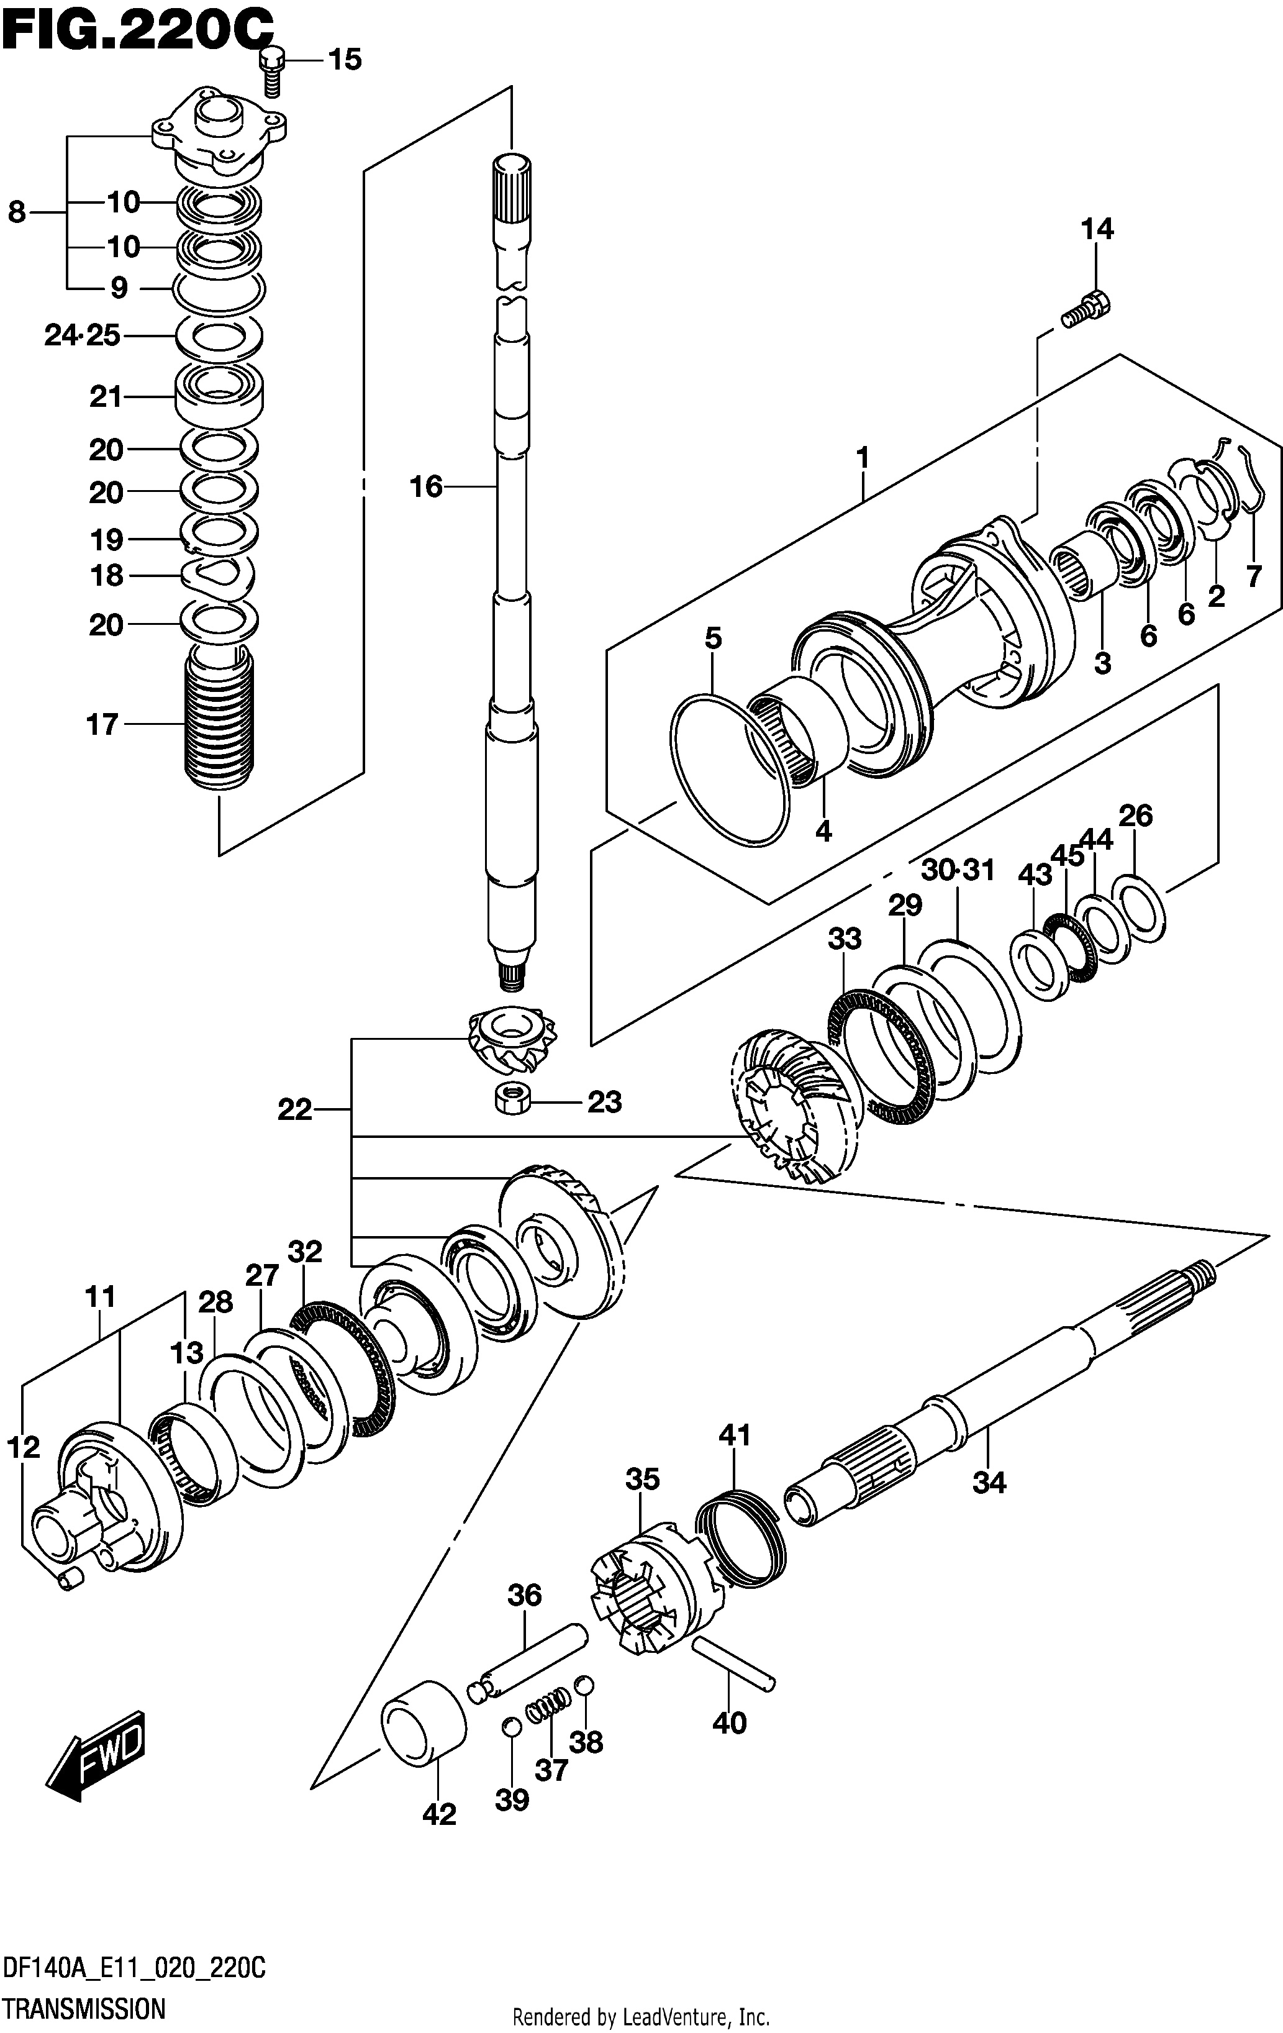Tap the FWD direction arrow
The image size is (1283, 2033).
point(96,1755)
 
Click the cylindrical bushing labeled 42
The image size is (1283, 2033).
point(425,1722)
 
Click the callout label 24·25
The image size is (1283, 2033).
point(83,336)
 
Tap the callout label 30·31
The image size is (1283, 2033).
point(958,870)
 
